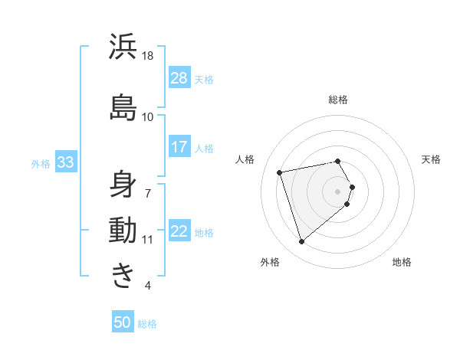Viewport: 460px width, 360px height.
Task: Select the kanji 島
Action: pos(123,106)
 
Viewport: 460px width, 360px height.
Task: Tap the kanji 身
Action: pos(123,184)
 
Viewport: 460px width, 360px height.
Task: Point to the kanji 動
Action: pos(123,230)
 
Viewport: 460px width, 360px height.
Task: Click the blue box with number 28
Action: pos(179,77)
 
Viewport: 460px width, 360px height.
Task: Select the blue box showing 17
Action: pos(179,146)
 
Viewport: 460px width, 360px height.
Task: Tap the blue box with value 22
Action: pos(179,231)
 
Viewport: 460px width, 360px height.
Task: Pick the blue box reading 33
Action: pos(65,162)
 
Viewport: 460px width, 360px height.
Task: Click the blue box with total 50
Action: pos(123,322)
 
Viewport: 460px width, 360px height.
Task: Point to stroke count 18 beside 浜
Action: pos(148,57)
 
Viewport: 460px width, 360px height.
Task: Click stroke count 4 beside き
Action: pos(147,286)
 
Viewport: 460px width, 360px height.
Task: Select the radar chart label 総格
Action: pos(338,100)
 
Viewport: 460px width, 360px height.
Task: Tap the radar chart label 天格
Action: pos(431,159)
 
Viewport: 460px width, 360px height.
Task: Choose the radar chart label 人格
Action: pos(245,159)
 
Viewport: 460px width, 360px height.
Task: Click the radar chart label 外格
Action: pos(270,263)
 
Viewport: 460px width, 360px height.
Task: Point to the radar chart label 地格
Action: pos(402,263)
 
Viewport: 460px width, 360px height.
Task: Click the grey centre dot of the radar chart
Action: pos(338,191)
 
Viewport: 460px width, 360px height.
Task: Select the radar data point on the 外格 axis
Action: pos(301,242)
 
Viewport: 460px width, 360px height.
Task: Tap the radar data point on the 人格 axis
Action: pos(280,172)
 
